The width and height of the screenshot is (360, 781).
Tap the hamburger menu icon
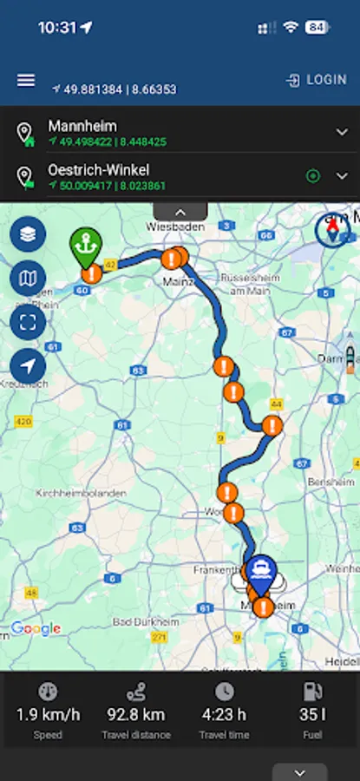tap(26, 80)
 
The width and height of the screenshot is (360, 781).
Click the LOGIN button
tap(317, 80)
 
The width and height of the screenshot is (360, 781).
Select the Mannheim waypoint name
tap(82, 126)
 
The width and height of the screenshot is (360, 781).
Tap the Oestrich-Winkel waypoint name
tap(98, 170)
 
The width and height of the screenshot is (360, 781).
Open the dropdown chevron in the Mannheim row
tap(342, 132)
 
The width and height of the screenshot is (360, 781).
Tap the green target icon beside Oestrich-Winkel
tap(313, 176)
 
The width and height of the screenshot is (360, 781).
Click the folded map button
tap(28, 278)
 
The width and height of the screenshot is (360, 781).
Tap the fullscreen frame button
tap(28, 322)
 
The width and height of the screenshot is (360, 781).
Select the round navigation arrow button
tap(28, 366)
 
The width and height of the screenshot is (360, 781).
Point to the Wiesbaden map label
tap(175, 226)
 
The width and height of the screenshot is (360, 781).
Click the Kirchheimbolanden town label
tap(81, 492)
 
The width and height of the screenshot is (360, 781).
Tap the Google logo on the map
tap(36, 629)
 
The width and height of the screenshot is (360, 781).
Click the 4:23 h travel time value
tap(224, 715)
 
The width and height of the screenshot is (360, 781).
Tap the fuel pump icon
tap(311, 692)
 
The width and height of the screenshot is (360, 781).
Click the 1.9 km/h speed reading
tap(48, 715)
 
